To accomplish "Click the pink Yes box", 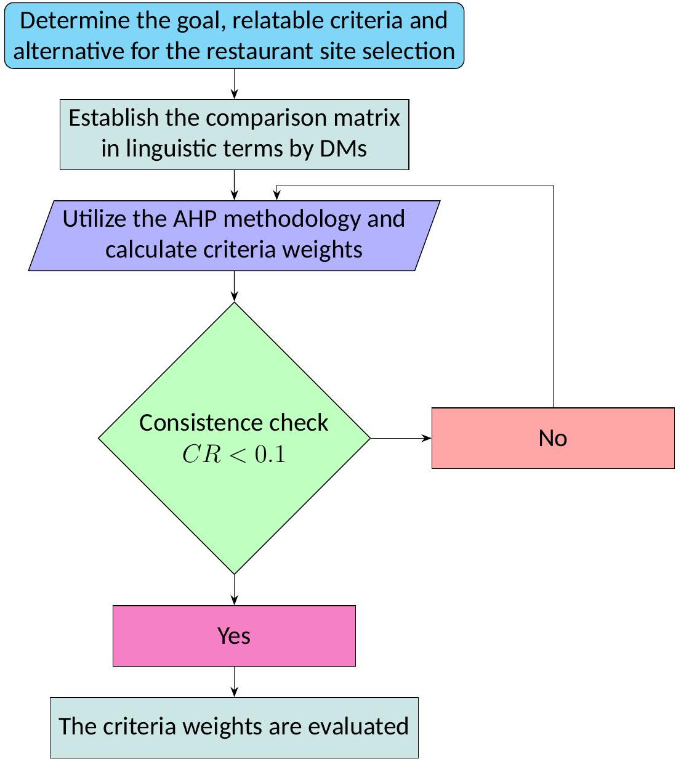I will pyautogui.click(x=234, y=635).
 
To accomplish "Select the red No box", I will pyautogui.click(x=552, y=438).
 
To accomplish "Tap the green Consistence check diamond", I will pyautogui.click(x=234, y=370).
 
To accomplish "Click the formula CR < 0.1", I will pyautogui.click(x=234, y=455).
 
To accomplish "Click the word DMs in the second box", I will pyautogui.click(x=343, y=148).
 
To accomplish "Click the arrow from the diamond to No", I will pyautogui.click(x=400, y=438).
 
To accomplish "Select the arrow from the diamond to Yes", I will pyautogui.click(x=234, y=590).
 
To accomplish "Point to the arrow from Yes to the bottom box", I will pyautogui.click(x=234, y=681).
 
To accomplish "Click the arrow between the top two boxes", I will pyautogui.click(x=234, y=84).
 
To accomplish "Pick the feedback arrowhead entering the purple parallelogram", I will pyautogui.click(x=277, y=195).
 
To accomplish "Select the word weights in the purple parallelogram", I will pyautogui.click(x=321, y=250).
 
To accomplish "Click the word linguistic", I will pyautogui.click(x=164, y=148).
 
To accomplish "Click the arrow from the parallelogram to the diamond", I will pyautogui.click(x=234, y=286).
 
